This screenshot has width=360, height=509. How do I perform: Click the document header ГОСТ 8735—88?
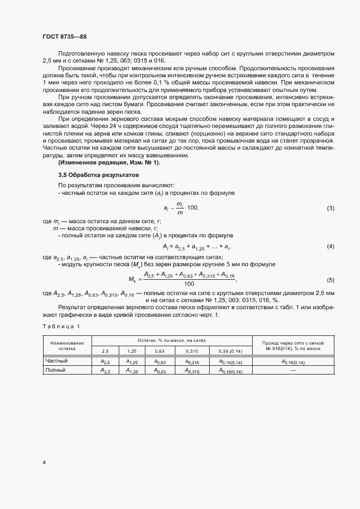coord(64,36)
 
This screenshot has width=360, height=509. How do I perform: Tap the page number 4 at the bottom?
coord(44,463)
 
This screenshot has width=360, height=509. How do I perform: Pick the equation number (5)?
coord(330,280)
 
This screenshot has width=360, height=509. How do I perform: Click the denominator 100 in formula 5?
coord(190,284)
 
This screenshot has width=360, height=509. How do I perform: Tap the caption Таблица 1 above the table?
coord(61,326)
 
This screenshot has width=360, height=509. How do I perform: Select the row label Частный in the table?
coord(56,361)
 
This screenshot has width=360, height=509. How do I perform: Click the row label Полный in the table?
coord(55,370)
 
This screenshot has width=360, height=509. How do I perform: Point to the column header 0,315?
coord(191,351)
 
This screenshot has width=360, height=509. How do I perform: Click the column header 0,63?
coord(160,351)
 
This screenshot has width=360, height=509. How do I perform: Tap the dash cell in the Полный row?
coord(293,370)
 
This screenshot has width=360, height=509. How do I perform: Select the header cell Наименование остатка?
coord(67,346)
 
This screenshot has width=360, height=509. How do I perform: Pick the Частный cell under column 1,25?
coord(132,361)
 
